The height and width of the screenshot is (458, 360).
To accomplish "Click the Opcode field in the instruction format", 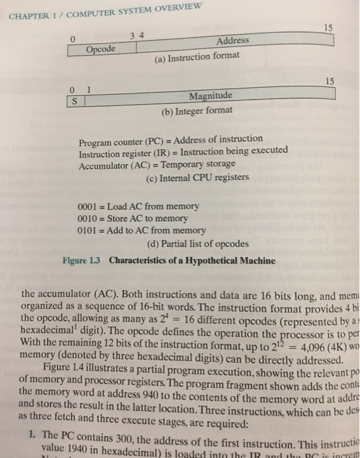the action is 101,49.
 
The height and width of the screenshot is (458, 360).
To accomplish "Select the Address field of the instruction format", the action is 232,41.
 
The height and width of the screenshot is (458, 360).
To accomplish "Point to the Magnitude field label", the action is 210,97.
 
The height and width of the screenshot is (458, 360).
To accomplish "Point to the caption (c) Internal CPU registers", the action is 197,177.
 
